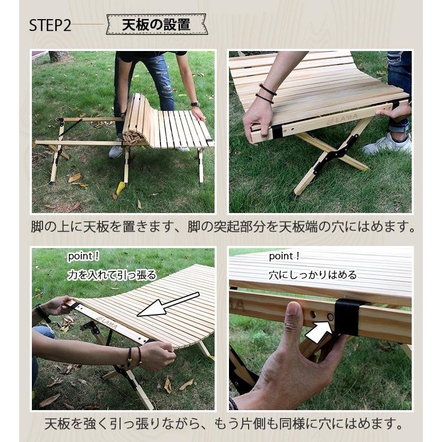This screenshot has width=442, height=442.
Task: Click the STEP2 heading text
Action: tap(50, 25)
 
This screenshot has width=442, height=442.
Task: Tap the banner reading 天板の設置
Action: tap(157, 24)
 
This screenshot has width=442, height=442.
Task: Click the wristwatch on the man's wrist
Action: tap(195, 104)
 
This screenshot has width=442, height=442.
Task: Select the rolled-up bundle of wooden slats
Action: tap(135, 120)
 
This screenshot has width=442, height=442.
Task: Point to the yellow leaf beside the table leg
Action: tap(121, 188)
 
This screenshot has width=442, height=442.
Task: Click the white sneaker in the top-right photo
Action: tap(387, 144)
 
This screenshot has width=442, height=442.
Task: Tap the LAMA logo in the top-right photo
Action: tap(342, 119)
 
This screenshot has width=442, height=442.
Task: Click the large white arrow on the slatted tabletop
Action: tap(168, 304)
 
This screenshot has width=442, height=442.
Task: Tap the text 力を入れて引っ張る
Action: tap(112, 275)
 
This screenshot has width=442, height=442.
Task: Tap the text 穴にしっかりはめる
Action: tap(312, 275)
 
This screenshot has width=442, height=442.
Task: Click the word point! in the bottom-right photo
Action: tap(284, 256)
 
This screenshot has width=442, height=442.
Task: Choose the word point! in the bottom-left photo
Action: tap(83, 256)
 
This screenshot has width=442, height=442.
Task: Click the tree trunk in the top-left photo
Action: tap(58, 56)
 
